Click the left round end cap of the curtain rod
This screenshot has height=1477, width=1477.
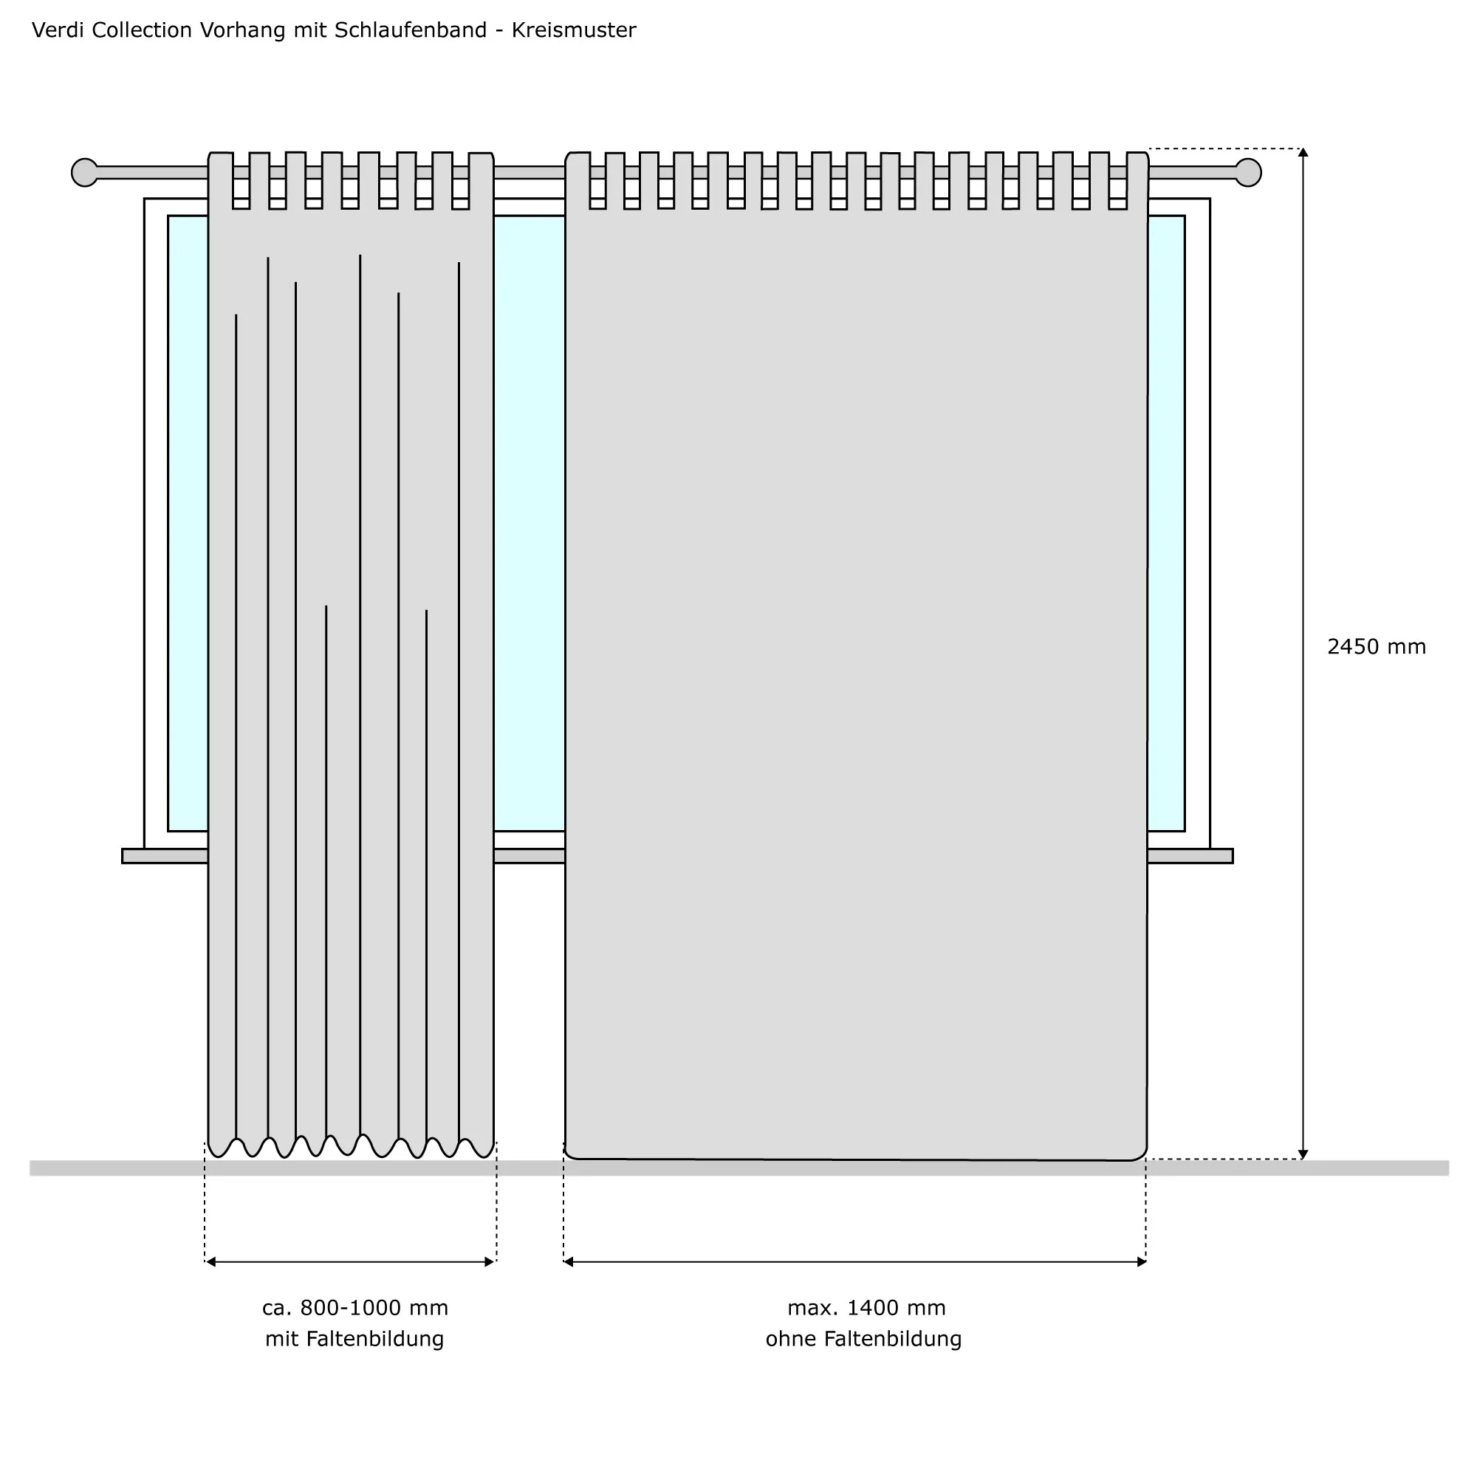coord(85,173)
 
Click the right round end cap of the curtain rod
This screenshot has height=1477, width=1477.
coord(1247,173)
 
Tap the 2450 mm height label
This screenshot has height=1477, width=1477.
coord(1376,648)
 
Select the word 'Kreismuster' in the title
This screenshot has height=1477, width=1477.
coord(573,30)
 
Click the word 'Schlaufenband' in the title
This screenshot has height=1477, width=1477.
coord(411,30)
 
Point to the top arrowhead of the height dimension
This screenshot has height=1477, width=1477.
coord(1303,152)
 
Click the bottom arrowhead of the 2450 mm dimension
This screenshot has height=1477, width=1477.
coord(1303,1154)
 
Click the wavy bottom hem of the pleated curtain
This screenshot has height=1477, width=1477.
coord(351,1146)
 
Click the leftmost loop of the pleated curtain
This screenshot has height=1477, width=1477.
coord(221,180)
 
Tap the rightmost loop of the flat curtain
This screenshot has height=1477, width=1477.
coord(1137,180)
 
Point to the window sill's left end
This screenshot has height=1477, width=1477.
coord(124,856)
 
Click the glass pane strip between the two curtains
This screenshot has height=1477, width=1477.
coord(529,523)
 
